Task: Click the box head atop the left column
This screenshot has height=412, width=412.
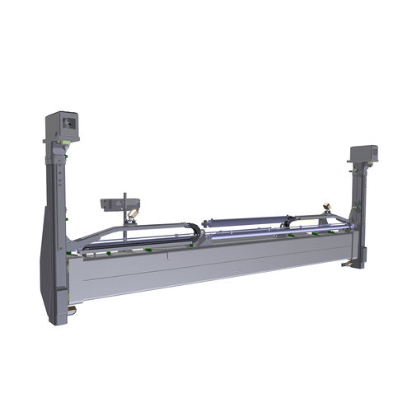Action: tap(63, 126)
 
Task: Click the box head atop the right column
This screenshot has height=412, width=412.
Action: tap(363, 154)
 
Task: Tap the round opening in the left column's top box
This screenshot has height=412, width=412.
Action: tap(68, 123)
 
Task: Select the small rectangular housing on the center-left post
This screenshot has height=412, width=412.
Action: tap(120, 204)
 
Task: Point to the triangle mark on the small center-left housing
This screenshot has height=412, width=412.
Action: tap(117, 203)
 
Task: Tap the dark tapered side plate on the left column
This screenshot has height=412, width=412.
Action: tap(46, 264)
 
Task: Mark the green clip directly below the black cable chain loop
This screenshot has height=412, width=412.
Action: tap(195, 248)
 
